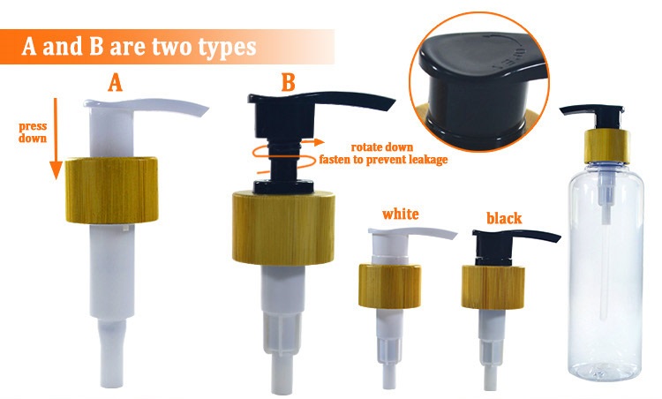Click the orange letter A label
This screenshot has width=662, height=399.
(x=115, y=83)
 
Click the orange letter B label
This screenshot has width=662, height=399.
(x=288, y=83)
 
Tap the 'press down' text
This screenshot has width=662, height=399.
(x=33, y=132)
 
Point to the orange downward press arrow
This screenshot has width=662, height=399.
(x=56, y=139)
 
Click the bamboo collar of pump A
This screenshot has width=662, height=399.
(x=112, y=190)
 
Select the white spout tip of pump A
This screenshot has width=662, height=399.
(x=202, y=111)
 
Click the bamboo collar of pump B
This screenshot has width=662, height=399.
(x=283, y=228)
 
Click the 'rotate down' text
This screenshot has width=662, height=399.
(x=382, y=147)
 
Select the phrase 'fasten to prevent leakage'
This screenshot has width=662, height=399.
(x=383, y=160)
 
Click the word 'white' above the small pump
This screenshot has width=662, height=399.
(x=400, y=214)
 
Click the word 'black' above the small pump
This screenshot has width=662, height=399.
(x=504, y=218)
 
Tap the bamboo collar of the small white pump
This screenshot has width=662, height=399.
(x=389, y=286)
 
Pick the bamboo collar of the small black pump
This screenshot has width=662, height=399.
(x=493, y=287)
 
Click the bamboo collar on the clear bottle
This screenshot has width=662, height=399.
(x=607, y=146)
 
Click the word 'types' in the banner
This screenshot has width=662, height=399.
(x=227, y=48)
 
